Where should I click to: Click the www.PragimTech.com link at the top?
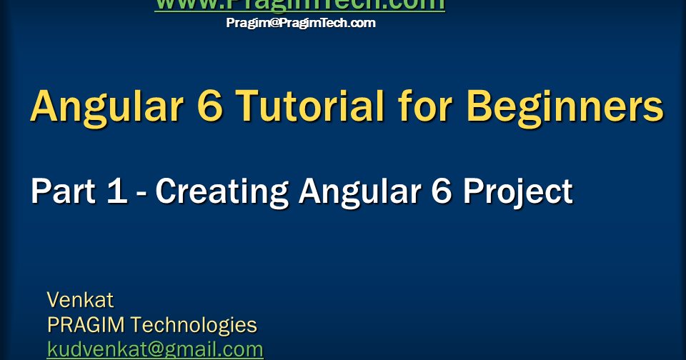(299, 4)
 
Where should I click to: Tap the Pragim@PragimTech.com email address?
(300, 23)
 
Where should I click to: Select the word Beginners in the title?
(565, 107)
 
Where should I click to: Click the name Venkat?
(80, 299)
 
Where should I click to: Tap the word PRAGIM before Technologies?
(85, 325)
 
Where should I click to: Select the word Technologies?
(194, 325)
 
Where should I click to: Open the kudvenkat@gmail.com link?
(155, 349)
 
